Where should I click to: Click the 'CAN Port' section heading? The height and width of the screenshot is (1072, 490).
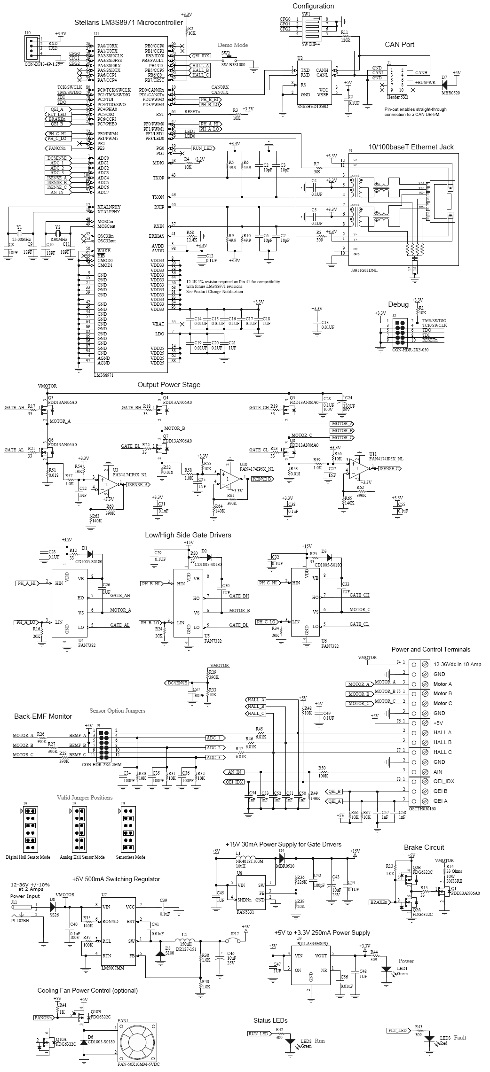coord(399,45)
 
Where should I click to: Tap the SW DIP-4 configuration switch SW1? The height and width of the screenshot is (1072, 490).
coord(311,27)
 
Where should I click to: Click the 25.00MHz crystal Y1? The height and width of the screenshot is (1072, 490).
coord(19,233)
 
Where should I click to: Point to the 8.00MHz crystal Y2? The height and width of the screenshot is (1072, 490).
coord(58,233)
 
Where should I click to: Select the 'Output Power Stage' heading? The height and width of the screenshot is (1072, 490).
coord(168,384)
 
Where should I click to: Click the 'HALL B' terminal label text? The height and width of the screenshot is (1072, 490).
coord(442,742)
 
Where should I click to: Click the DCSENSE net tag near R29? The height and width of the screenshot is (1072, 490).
coord(176,683)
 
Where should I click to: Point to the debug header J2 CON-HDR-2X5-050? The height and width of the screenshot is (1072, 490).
coord(399,333)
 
